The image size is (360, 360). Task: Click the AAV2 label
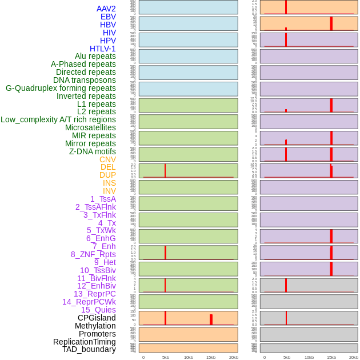pyautogui.click(x=106, y=9)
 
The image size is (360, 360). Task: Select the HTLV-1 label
pyautogui.click(x=102, y=49)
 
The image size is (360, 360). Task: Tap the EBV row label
pyautogui.click(x=107, y=17)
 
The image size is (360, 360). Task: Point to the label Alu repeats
pyautogui.click(x=95, y=56)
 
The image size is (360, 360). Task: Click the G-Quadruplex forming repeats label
pyautogui.click(x=61, y=88)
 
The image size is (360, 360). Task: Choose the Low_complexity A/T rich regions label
pyautogui.click(x=58, y=119)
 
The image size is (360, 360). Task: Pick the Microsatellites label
pyautogui.click(x=90, y=127)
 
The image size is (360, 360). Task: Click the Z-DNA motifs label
pyautogui.click(x=92, y=151)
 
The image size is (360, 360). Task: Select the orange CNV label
pyautogui.click(x=107, y=159)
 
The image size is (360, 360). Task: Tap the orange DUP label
pyautogui.click(x=107, y=175)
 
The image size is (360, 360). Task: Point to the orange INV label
pyautogui.click(x=109, y=191)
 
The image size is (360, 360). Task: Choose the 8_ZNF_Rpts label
pyautogui.click(x=93, y=254)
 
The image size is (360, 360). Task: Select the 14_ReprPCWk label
pyautogui.click(x=89, y=302)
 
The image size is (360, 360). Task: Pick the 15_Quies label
pyautogui.click(x=98, y=310)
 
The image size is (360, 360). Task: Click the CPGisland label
pyautogui.click(x=97, y=318)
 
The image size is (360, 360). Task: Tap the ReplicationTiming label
pyautogui.click(x=84, y=342)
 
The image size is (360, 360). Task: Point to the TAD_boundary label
pyautogui.click(x=89, y=349)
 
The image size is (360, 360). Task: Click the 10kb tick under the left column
pyautogui.click(x=188, y=357)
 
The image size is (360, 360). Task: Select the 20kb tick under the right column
pyautogui.click(x=354, y=357)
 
